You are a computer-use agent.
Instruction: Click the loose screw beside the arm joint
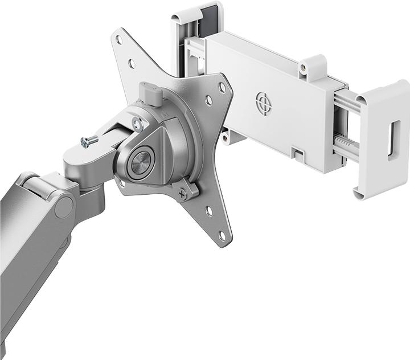[89, 141]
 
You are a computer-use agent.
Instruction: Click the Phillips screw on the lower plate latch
[183, 195]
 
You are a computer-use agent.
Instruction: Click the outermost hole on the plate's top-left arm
[119, 39]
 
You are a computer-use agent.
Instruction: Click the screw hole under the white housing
[225, 137]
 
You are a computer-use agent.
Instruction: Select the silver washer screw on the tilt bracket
[137, 123]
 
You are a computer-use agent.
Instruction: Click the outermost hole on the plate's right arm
[222, 87]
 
